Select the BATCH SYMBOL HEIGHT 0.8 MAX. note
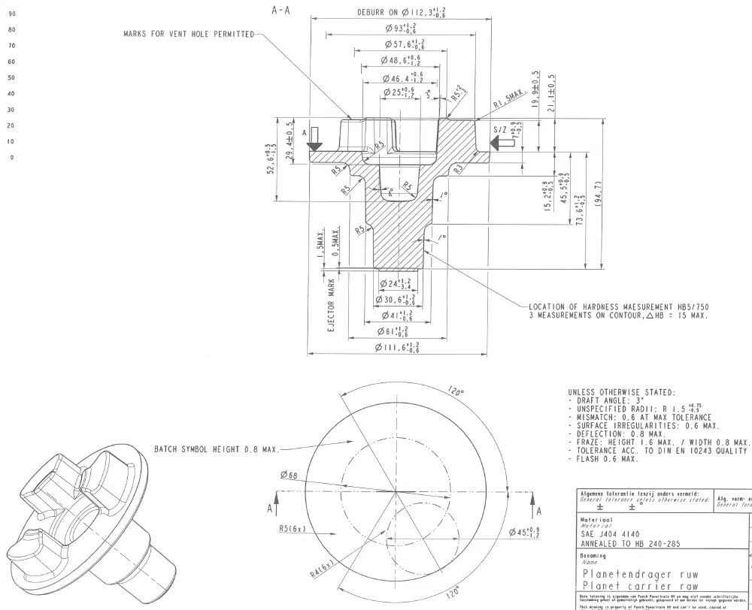point(216,449)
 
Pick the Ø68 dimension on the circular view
point(287,475)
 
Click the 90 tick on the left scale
point(11,14)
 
